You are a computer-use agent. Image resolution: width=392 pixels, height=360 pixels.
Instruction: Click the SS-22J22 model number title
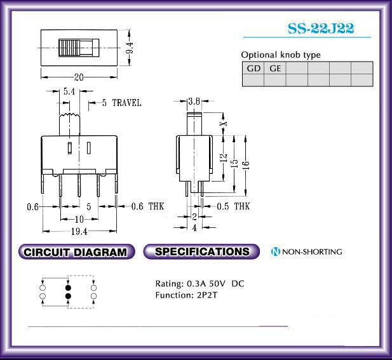click(321, 28)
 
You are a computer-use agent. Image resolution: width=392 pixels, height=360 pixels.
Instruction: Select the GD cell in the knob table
click(253, 68)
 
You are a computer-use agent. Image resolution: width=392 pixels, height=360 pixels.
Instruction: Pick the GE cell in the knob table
click(275, 68)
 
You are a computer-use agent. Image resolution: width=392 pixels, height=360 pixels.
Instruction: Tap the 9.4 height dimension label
click(130, 48)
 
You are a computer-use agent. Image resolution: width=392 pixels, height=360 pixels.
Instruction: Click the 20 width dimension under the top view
click(79, 77)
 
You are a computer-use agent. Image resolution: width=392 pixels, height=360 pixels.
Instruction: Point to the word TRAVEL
click(126, 103)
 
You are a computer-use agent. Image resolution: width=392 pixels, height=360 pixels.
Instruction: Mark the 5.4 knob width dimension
click(69, 91)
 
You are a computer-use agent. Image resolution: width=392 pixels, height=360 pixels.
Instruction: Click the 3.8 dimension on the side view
click(194, 101)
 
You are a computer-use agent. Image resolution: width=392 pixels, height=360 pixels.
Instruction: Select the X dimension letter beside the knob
click(224, 124)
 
